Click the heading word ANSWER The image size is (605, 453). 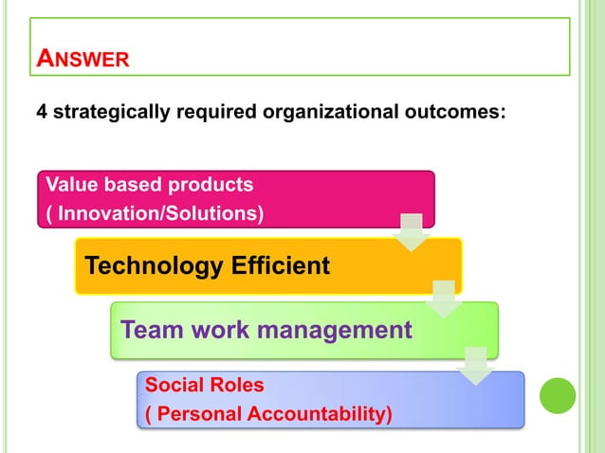click(x=82, y=59)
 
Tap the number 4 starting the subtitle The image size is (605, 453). click(x=42, y=113)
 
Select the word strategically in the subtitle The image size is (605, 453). click(x=109, y=113)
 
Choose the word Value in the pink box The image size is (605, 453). click(x=68, y=183)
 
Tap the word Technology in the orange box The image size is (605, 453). click(x=152, y=265)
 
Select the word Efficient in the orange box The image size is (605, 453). click(x=278, y=265)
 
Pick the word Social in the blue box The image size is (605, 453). click(x=171, y=385)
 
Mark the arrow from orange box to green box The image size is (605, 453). click(x=443, y=299)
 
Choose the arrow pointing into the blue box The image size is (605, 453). click(x=475, y=366)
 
